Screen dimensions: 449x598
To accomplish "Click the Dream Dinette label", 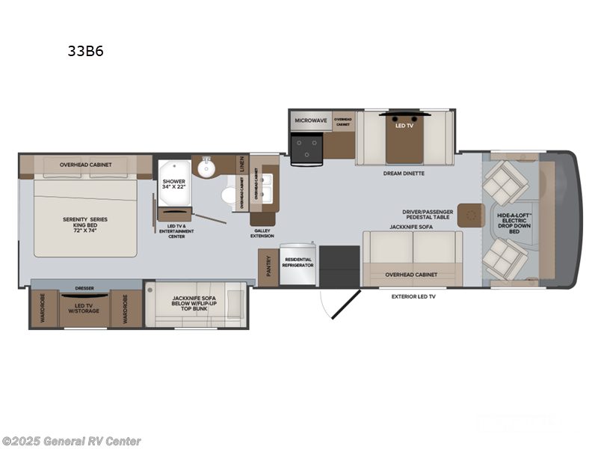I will [x=404, y=173].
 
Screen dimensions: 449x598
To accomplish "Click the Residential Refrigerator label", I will [x=298, y=263].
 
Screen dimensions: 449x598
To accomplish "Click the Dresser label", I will [x=84, y=287].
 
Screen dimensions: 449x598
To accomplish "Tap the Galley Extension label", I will [x=262, y=233].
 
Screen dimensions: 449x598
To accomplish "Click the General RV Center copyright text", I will [x=72, y=442].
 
